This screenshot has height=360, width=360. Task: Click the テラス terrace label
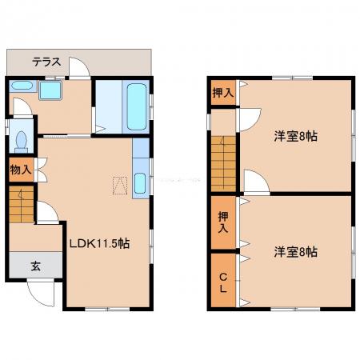(x=46, y=62)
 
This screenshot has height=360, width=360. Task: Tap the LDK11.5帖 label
(x=100, y=243)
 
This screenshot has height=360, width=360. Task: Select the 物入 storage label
(x=21, y=170)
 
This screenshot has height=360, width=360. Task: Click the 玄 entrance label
(x=35, y=266)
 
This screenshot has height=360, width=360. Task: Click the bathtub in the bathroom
(x=137, y=106)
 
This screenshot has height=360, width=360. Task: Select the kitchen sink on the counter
(x=140, y=183)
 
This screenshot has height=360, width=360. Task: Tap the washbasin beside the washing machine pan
(x=22, y=86)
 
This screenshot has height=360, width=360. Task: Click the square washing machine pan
(x=50, y=90)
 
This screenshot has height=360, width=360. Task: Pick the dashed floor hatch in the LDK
(x=120, y=186)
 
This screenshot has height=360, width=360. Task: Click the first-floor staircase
(x=22, y=204)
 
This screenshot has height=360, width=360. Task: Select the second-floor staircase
(x=223, y=164)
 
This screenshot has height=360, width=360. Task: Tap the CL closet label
(x=223, y=283)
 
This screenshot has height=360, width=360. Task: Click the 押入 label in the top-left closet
(x=223, y=93)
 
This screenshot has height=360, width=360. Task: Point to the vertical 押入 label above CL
(x=223, y=222)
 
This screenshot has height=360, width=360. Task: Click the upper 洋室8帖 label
(x=296, y=136)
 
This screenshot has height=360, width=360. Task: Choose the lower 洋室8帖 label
(x=296, y=252)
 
